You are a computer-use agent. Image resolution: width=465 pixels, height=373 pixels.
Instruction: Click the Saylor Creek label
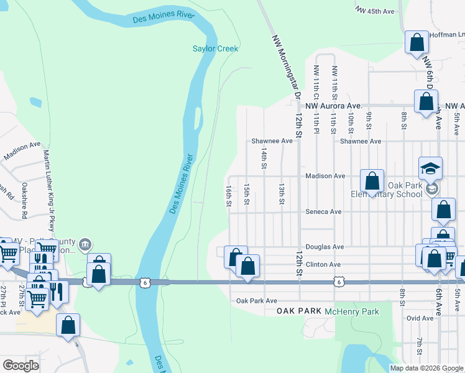point(215,48)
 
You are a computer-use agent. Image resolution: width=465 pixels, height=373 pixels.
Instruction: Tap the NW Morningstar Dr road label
point(283,65)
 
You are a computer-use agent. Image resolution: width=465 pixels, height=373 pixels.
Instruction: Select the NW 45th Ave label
point(375,11)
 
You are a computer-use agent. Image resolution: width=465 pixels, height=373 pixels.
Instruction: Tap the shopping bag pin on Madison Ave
point(372,182)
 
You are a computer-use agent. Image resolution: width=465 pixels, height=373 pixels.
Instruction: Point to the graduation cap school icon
point(430,168)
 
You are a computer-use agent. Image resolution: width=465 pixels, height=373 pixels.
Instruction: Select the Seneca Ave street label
point(323,211)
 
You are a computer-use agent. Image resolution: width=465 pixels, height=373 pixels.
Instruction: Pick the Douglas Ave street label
point(324,247)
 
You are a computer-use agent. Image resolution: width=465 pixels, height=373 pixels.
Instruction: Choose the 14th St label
point(264,159)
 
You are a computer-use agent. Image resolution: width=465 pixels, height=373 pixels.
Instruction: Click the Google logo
point(21,366)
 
